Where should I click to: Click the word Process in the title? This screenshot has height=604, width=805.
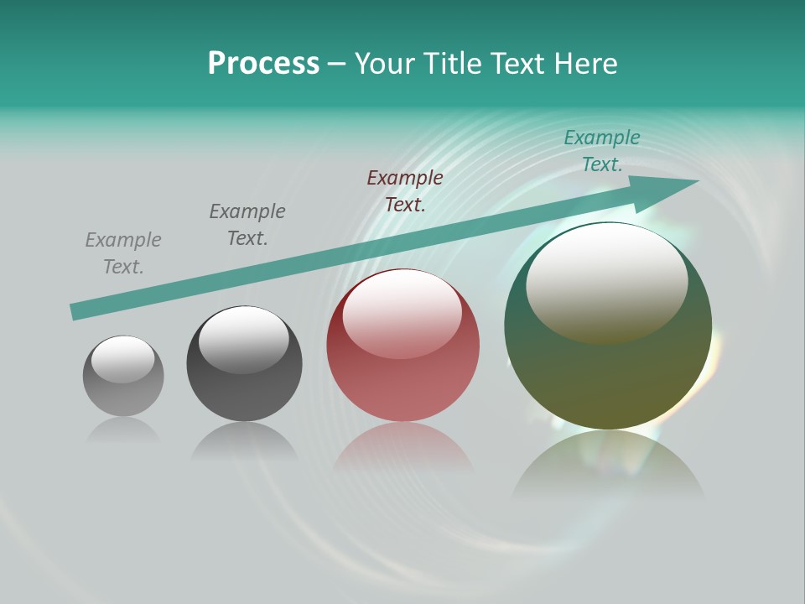tap(263, 64)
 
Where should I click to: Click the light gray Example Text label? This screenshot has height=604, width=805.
tap(123, 253)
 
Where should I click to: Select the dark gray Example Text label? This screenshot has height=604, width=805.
tap(247, 225)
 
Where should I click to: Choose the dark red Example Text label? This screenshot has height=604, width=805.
tap(405, 191)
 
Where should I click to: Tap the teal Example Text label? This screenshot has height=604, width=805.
tap(602, 151)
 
